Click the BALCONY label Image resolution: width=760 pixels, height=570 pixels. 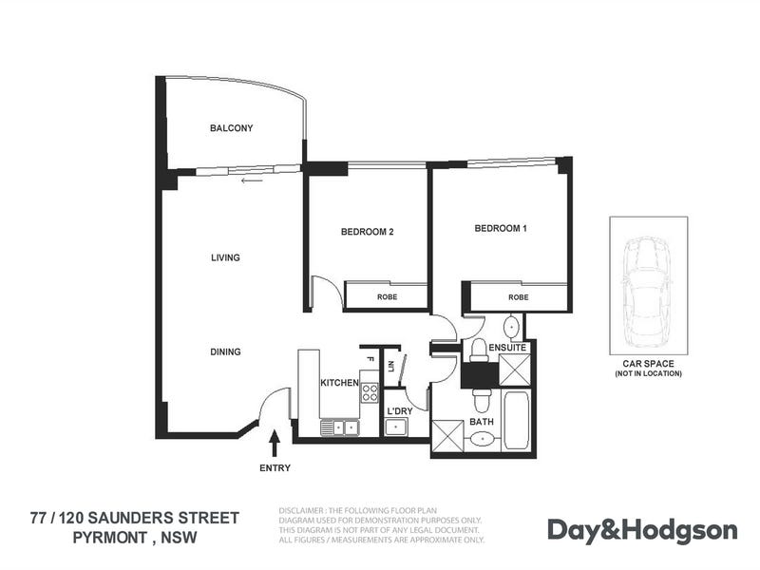pos(231,128)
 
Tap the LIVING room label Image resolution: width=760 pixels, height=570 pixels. pos(225,257)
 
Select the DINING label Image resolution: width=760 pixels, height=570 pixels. pos(225,351)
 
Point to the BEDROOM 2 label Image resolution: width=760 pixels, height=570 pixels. pos(367,232)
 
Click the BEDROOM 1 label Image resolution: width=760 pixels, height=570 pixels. pos(501,228)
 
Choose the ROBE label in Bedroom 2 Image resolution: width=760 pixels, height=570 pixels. pos(387,297)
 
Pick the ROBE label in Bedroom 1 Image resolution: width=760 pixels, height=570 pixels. pos(518,297)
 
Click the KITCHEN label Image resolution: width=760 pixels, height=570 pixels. pos(339,383)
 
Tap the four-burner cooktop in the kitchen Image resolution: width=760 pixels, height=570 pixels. pos(370,392)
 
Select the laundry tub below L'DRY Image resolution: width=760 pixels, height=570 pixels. pos(396,427)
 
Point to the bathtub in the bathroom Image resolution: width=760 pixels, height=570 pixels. pos(516,421)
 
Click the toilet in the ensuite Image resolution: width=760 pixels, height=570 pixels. pos(479,351)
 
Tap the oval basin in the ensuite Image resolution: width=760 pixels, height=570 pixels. pos(512,327)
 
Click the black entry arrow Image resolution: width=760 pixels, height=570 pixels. pos(275,444)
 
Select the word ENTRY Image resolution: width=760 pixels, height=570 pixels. pos(275,468)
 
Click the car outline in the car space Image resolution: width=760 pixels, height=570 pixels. pos(648,293)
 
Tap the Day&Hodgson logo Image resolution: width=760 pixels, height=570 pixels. pos(643,531)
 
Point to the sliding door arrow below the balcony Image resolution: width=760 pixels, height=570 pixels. pos(252,180)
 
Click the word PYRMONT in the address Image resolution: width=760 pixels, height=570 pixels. pos(110,538)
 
